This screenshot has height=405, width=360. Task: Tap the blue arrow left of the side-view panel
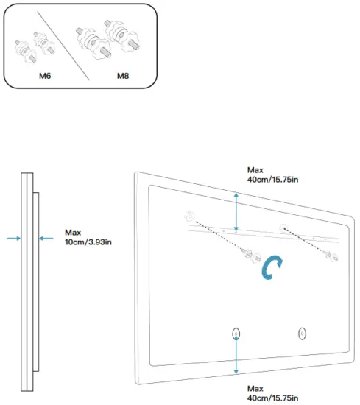coord(12,237)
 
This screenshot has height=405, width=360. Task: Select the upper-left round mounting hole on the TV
coord(188,216)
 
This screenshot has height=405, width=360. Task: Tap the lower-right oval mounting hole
coord(302,334)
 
